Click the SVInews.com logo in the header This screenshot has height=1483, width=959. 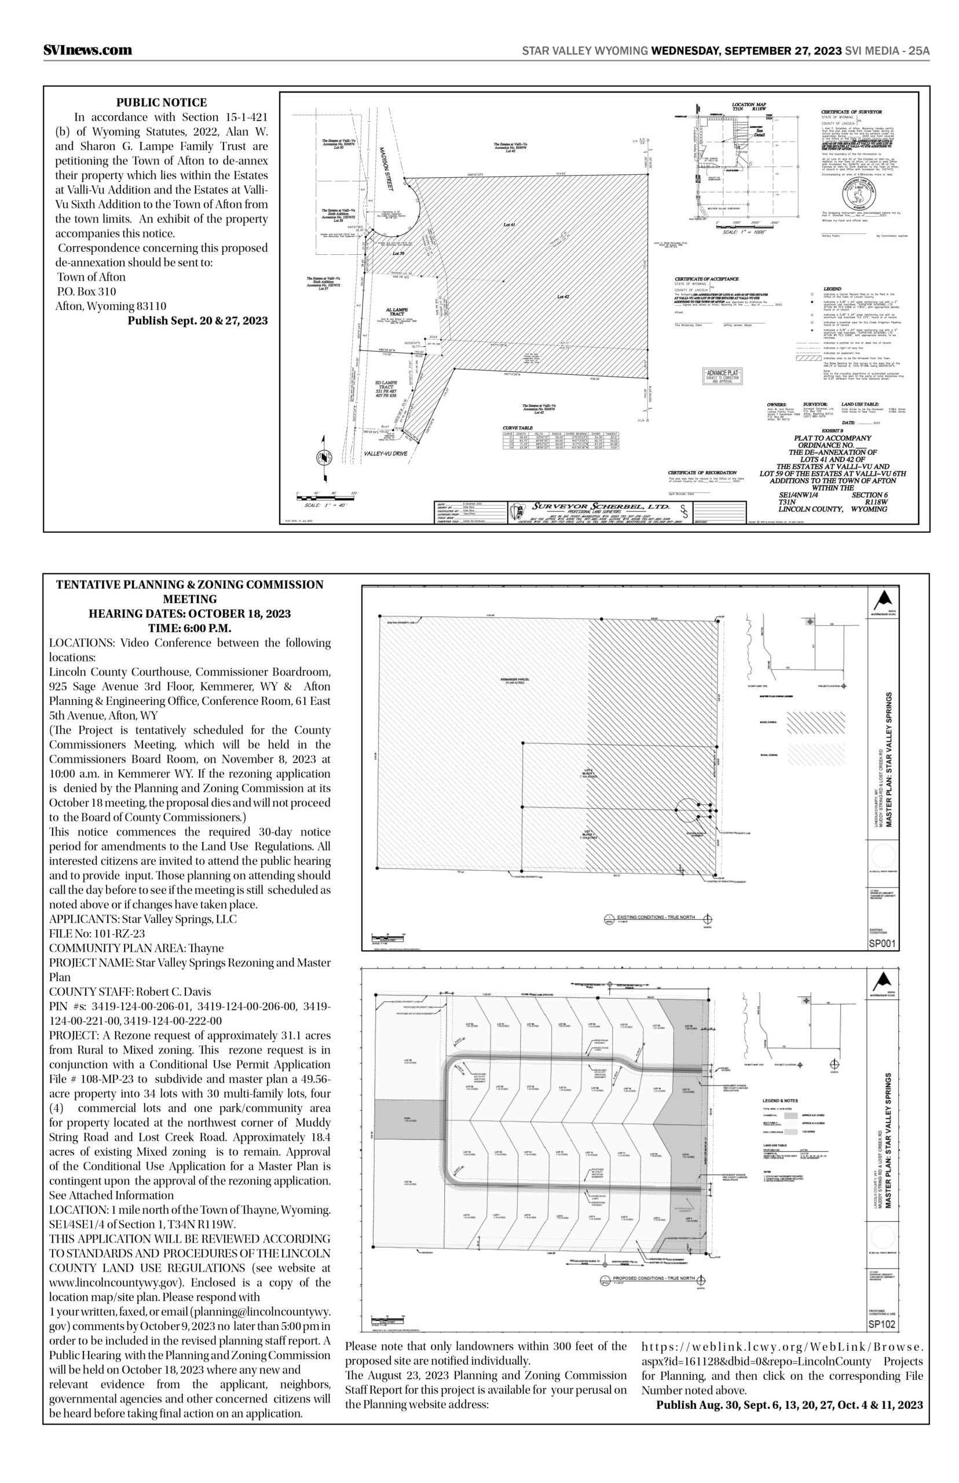pos(88,50)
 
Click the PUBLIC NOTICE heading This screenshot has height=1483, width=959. pos(162,103)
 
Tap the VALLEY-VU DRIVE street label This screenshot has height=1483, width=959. pos(385,454)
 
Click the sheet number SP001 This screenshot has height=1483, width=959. pos(883,944)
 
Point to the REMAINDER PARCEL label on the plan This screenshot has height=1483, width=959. pos(508,679)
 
